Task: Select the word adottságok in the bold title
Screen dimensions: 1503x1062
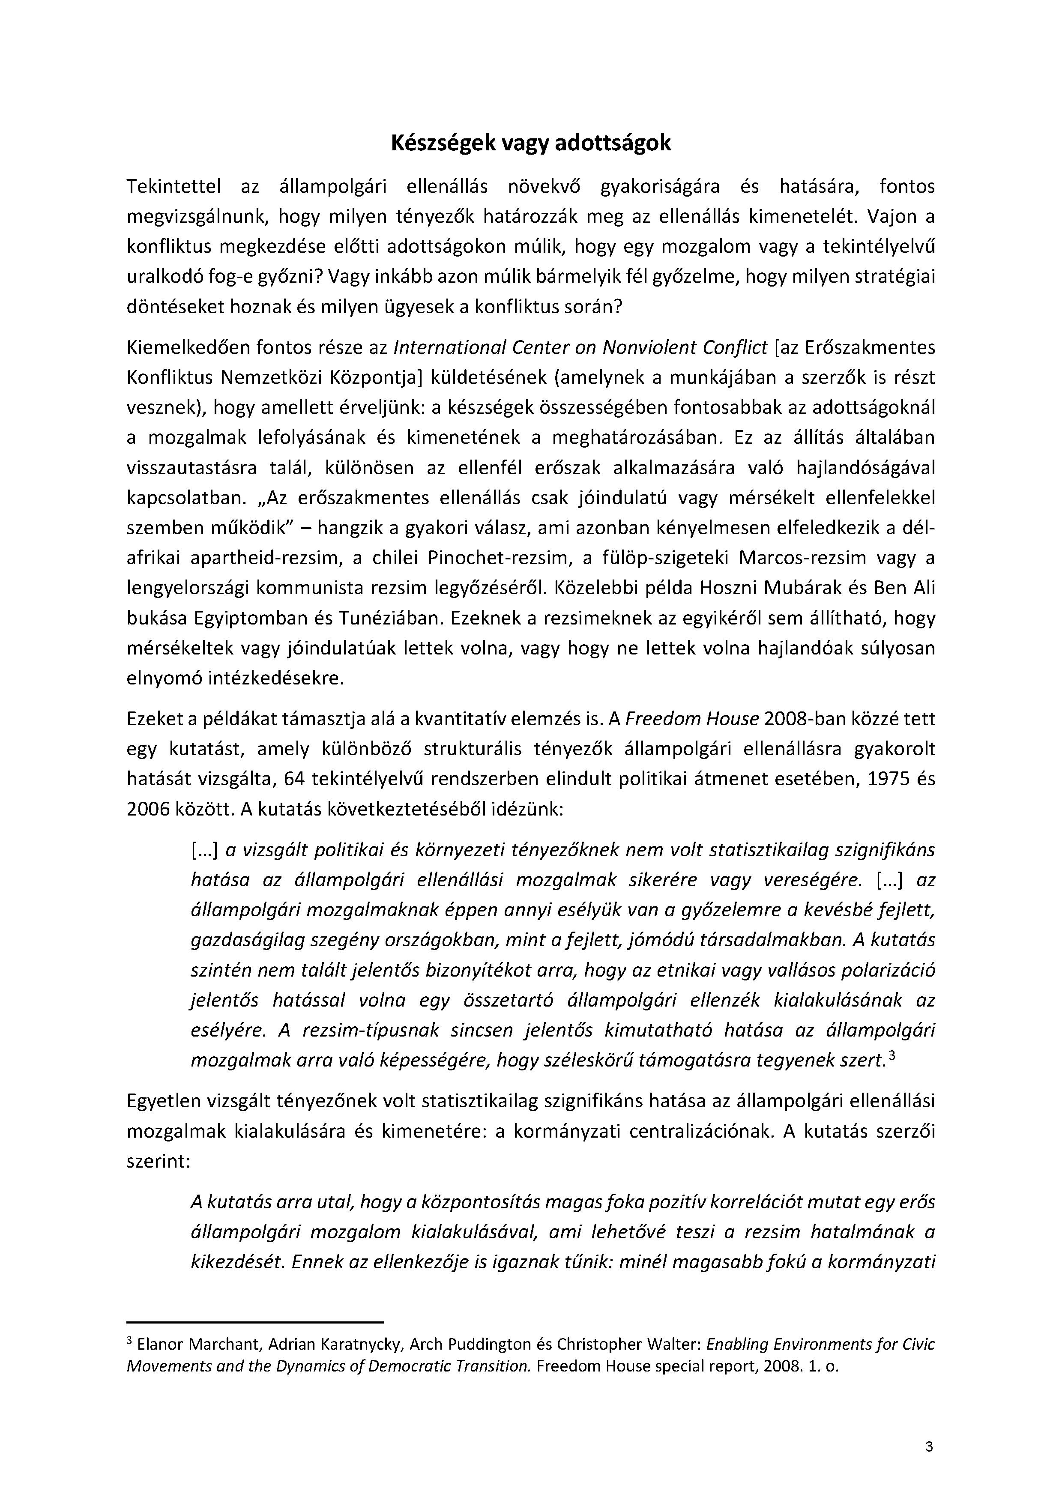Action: (613, 143)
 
